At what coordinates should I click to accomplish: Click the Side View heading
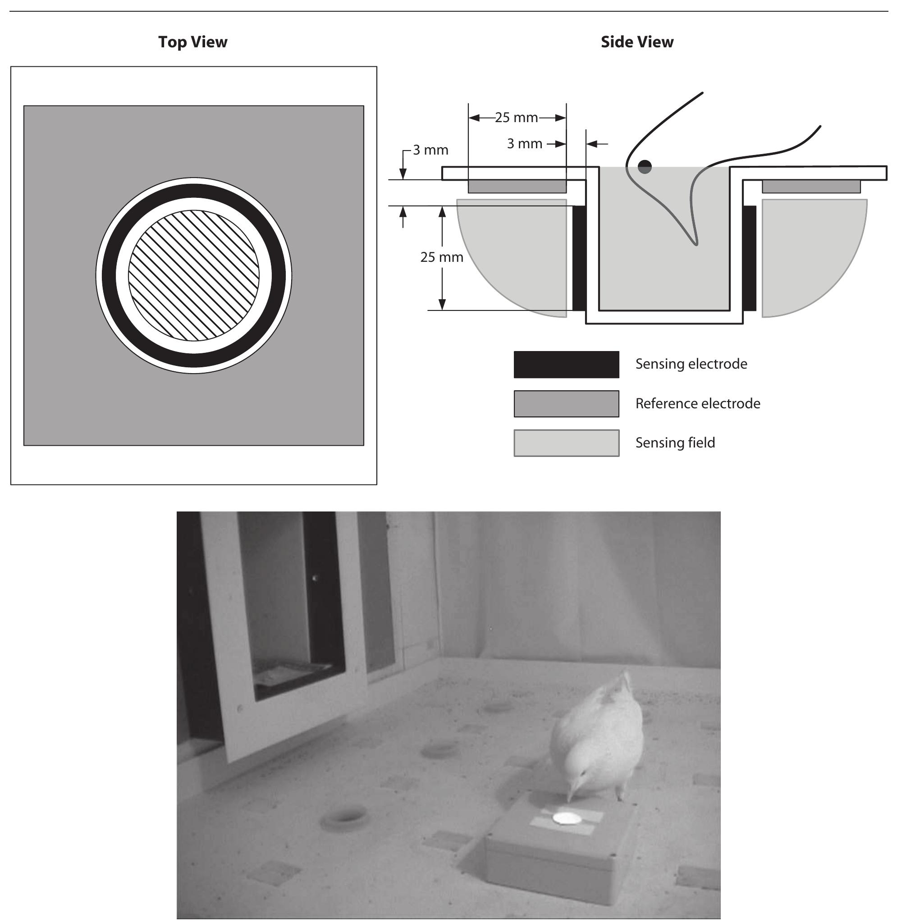pos(637,42)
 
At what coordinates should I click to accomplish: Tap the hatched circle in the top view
pos(194,275)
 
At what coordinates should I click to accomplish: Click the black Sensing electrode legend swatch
pos(566,365)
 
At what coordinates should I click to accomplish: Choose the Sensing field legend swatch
pos(566,443)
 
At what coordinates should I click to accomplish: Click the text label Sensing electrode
pos(691,364)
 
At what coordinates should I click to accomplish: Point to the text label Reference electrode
pos(698,404)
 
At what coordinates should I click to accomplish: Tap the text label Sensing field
pos(675,443)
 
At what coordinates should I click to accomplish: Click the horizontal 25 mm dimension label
pos(517,118)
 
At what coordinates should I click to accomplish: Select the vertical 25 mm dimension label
pos(441,257)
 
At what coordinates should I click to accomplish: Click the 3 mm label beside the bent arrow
pos(430,150)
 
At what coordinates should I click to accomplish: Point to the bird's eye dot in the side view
pos(645,166)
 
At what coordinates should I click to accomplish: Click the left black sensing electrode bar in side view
pos(579,258)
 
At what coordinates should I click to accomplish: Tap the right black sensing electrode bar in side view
pos(750,258)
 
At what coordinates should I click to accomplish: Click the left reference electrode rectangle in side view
pos(517,187)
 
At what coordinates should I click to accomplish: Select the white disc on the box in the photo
pos(566,818)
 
